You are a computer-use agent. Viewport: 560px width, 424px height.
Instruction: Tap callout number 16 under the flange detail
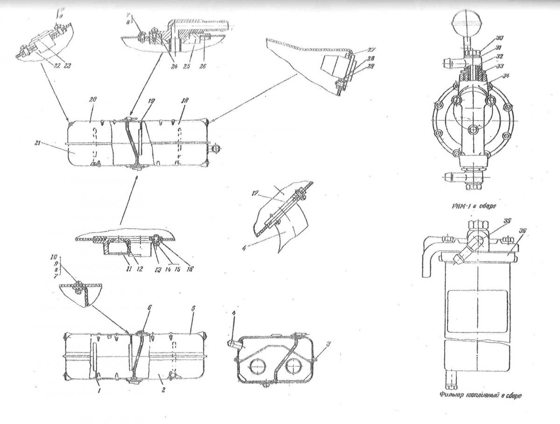pos(192,269)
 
